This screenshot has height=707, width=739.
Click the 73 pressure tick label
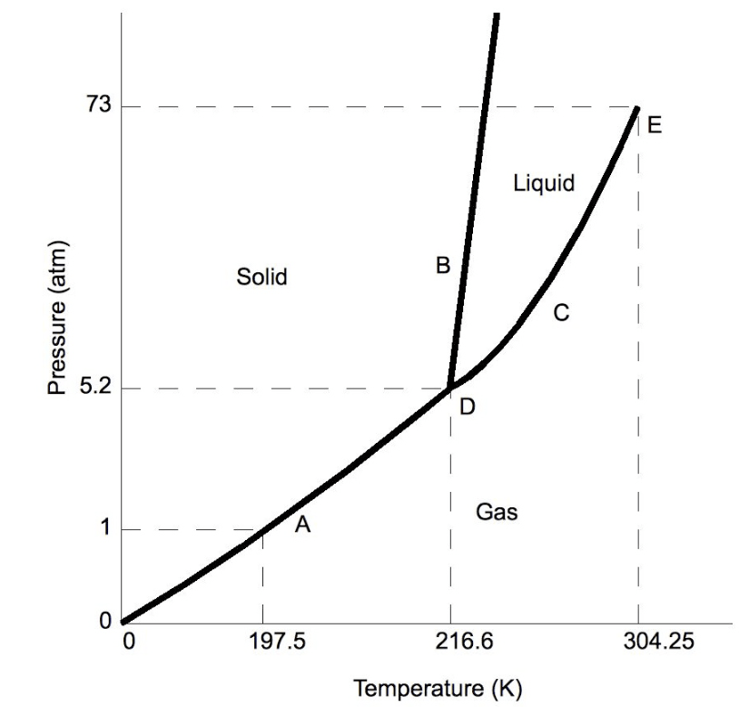[x=99, y=105]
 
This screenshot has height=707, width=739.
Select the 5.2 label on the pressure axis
[x=94, y=388]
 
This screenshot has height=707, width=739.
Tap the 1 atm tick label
[x=105, y=529]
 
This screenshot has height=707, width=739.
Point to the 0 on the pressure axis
[x=104, y=622]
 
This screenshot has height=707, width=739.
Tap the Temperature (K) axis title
[x=438, y=687]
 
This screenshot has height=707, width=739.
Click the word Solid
[x=261, y=277]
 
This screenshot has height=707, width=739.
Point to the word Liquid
[x=544, y=183]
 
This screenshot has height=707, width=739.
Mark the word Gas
[x=497, y=513]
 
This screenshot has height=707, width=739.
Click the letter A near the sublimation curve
[x=303, y=525]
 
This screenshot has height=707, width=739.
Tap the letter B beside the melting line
[x=442, y=266]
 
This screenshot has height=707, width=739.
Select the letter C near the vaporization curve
[x=561, y=314]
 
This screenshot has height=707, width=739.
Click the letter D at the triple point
[x=467, y=408]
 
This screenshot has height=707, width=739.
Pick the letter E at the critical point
[x=655, y=125]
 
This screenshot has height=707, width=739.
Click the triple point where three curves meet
[x=450, y=388]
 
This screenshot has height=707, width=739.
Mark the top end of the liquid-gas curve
[x=637, y=107]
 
